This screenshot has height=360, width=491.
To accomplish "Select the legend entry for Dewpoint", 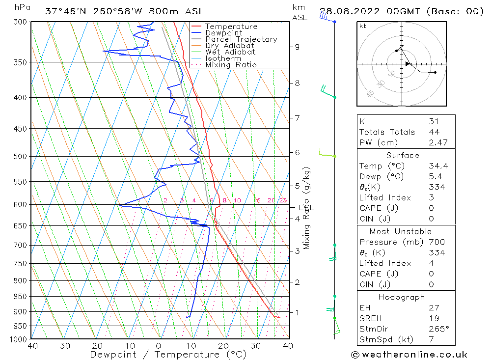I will [224, 33].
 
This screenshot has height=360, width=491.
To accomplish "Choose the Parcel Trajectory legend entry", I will [241, 39].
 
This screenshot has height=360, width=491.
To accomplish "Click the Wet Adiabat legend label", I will [230, 52].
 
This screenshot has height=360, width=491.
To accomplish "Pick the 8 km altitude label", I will [298, 83].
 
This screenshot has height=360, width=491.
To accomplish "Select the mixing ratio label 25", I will [283, 200].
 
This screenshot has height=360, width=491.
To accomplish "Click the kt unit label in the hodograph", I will [363, 26].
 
